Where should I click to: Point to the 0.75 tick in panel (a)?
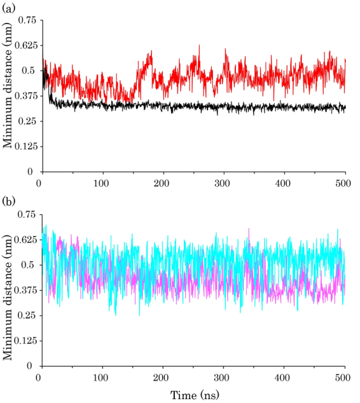(27, 20)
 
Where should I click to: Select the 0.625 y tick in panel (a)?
(24, 45)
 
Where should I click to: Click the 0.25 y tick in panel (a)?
(27, 121)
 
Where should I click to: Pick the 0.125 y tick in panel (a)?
(24, 147)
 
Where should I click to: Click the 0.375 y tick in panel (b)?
(24, 290)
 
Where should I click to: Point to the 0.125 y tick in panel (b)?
(24, 341)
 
